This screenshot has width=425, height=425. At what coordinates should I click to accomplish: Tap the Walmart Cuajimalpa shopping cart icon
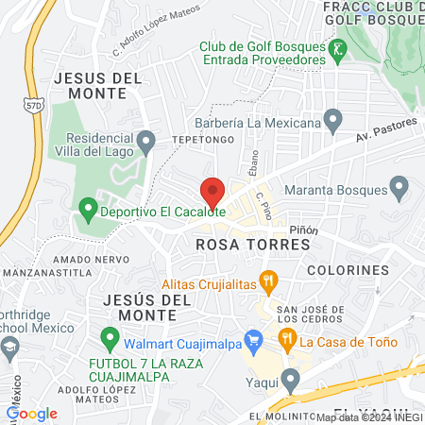pos(252,338)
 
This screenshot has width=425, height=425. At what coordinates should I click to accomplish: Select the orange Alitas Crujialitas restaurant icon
pos(269,279)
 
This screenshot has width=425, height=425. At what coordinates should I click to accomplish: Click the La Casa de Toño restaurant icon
pos(284,338)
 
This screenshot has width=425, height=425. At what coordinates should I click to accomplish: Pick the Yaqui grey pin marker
pos(290,380)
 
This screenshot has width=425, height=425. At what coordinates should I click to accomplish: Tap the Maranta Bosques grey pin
pos(399,190)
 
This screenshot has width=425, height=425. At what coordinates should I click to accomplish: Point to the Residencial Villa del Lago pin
pos(145,143)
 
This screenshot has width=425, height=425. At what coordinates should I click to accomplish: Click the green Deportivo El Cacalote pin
pos(88,207)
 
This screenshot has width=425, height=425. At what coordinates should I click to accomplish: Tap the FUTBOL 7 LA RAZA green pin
pos(110,336)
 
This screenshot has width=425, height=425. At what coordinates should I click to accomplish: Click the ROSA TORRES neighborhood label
pos(252,245)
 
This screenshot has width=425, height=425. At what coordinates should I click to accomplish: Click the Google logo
pos(32,413)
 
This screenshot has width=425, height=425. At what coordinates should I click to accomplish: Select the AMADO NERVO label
pos(58,259)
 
